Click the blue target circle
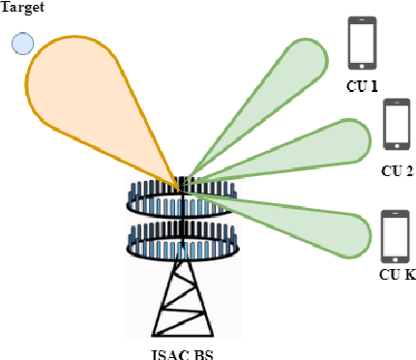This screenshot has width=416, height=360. pyautogui.click(x=22, y=44)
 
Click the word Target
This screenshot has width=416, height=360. pyautogui.click(x=24, y=8)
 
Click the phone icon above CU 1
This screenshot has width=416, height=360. pyautogui.click(x=362, y=44)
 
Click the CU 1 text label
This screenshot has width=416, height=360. pyautogui.click(x=363, y=87)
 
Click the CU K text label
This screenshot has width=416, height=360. pyautogui.click(x=397, y=276)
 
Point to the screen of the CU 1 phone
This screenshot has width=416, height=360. pyautogui.click(x=362, y=43)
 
